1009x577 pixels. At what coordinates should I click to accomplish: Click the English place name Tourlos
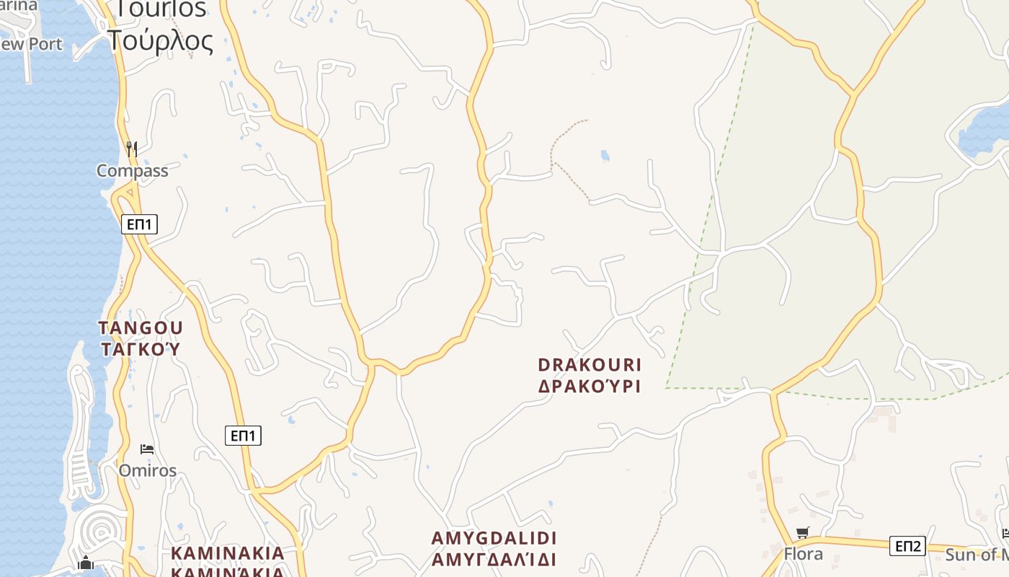point(161,8)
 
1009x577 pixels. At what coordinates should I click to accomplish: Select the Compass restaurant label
point(133,171)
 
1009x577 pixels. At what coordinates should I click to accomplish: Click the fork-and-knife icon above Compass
point(132,149)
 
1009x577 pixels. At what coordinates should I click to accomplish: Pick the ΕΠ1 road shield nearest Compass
point(139,224)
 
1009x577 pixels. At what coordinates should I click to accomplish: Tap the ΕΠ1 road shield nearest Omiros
point(243,436)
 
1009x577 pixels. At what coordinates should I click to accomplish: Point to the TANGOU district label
point(141,328)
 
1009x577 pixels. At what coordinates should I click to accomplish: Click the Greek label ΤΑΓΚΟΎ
point(140,350)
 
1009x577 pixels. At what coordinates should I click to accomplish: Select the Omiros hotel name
point(148,471)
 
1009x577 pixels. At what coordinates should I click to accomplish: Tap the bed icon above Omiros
point(147,449)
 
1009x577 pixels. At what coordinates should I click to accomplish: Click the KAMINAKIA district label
point(228,554)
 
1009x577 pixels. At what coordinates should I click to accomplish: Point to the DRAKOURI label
point(590,364)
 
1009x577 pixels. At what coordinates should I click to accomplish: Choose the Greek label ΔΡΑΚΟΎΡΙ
point(590,386)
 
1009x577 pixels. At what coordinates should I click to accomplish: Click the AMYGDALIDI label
point(494,538)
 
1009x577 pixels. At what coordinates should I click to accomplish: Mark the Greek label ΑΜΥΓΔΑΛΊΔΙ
point(494,560)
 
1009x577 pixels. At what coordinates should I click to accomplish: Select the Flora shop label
point(803,554)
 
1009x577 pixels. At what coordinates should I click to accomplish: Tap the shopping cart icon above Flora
point(802,533)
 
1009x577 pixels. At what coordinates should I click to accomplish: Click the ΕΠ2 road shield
point(907,546)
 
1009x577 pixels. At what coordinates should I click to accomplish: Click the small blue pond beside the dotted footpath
point(605,155)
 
